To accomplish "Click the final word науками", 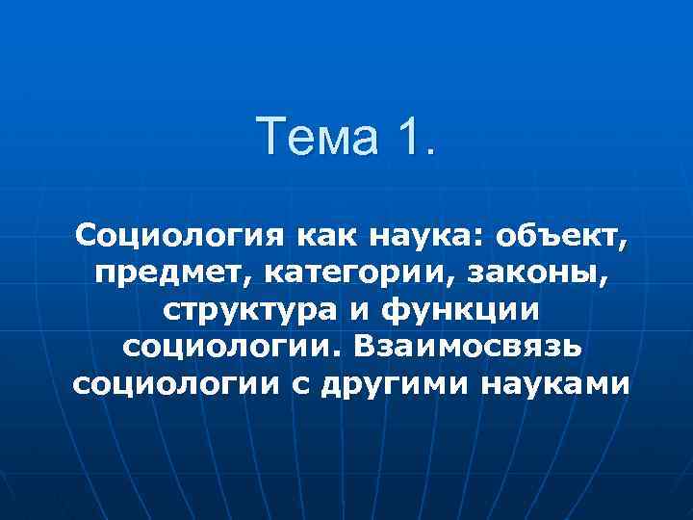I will pyautogui.click(x=561, y=385).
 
